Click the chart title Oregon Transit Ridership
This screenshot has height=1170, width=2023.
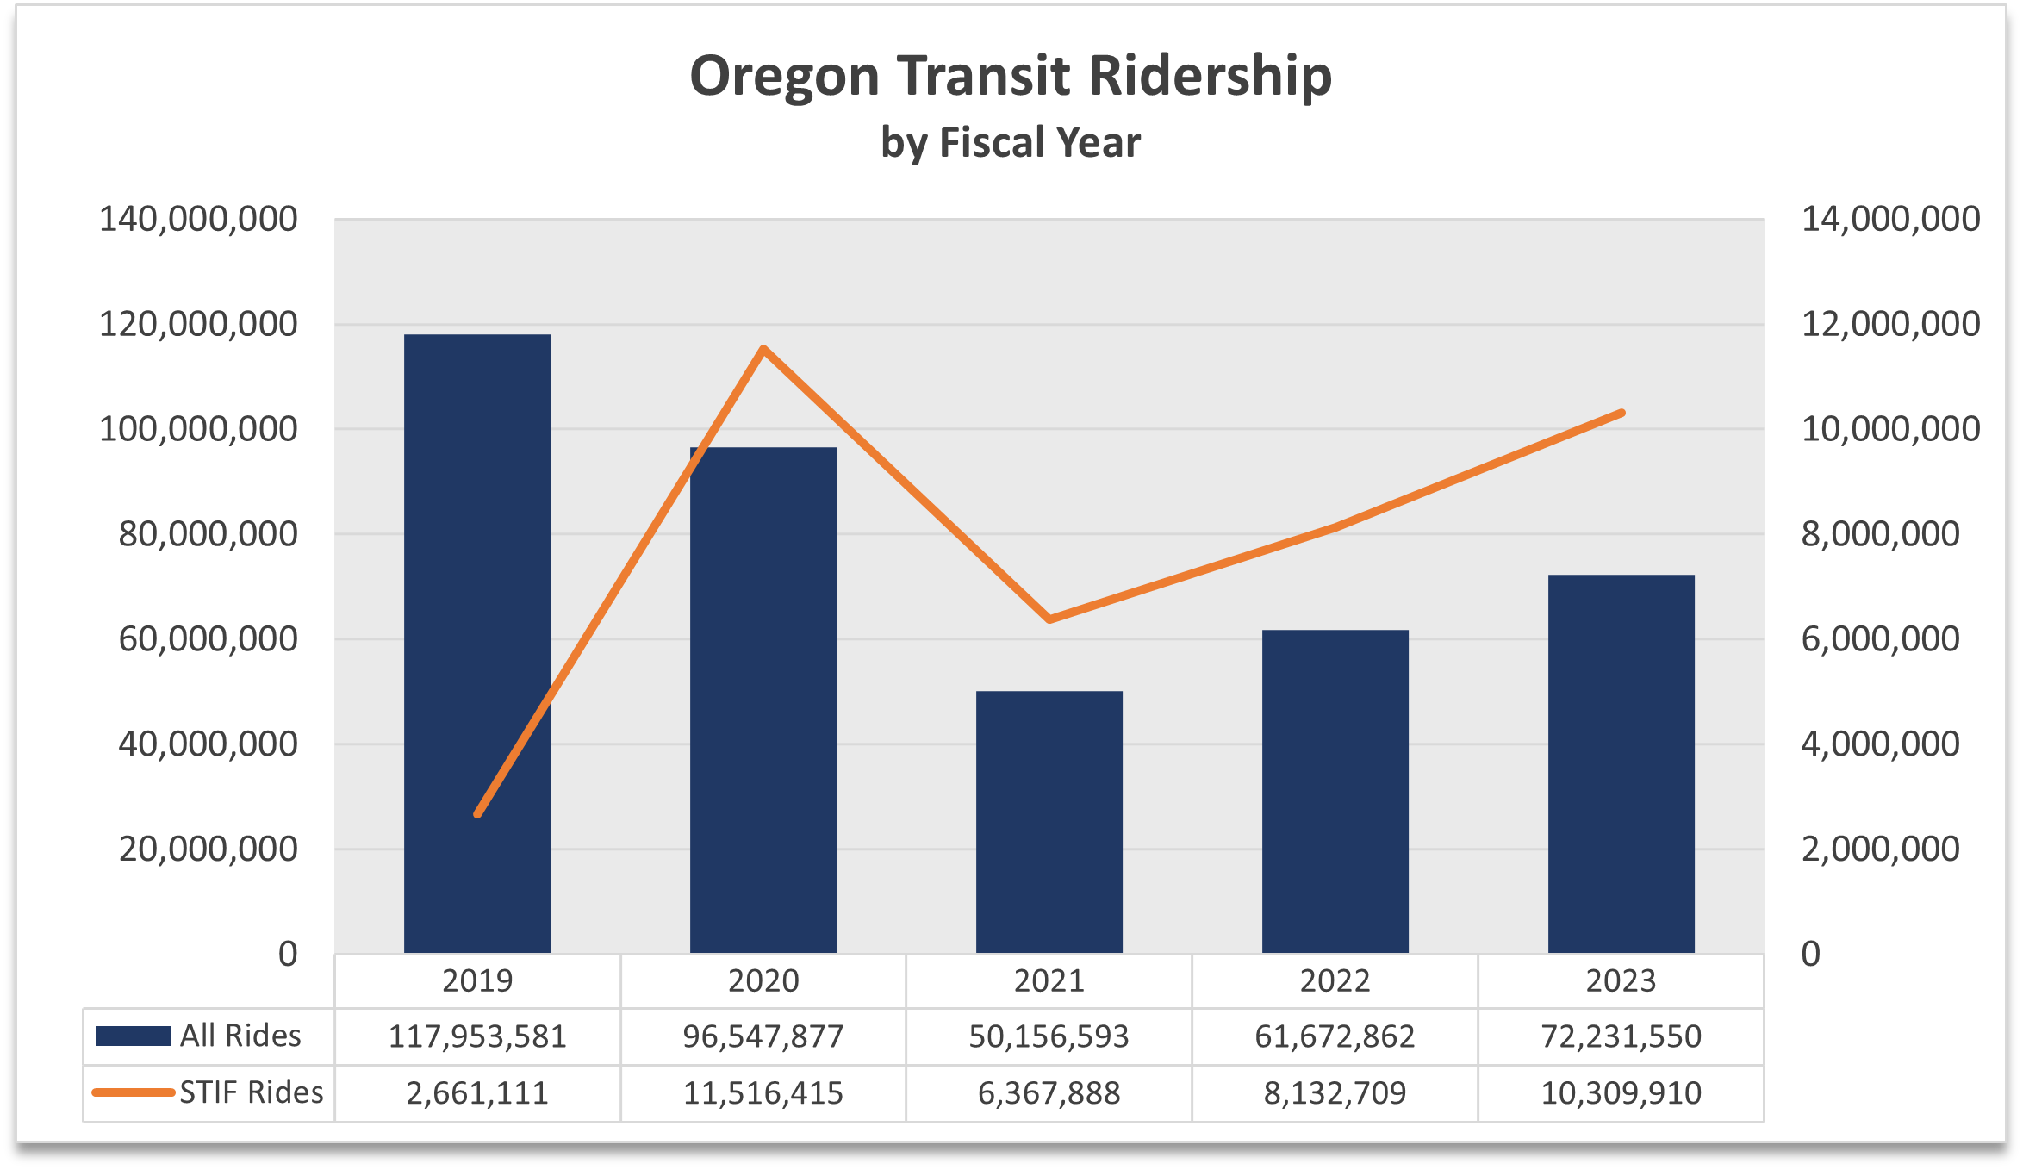(1010, 76)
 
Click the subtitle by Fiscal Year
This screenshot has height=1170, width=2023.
(1010, 142)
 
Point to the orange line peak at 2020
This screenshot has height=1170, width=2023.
(763, 349)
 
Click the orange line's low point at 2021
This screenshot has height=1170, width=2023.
(1049, 619)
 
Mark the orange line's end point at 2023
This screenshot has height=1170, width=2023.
(1622, 414)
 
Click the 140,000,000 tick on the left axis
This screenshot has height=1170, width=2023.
(198, 219)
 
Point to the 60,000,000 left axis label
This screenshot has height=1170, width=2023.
(208, 639)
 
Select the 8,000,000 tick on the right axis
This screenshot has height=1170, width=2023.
(1880, 534)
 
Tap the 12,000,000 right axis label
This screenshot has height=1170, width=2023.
(1890, 324)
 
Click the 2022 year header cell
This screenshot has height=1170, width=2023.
(1335, 980)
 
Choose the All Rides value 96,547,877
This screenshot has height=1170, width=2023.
(763, 1036)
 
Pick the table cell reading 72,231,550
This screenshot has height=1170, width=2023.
(1621, 1036)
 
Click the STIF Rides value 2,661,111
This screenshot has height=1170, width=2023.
(476, 1092)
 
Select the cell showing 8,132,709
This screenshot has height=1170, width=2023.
(1335, 1092)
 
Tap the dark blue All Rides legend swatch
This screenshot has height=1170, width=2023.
(133, 1036)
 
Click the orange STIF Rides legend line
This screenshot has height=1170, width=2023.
(133, 1092)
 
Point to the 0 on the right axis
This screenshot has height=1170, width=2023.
(1810, 954)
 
